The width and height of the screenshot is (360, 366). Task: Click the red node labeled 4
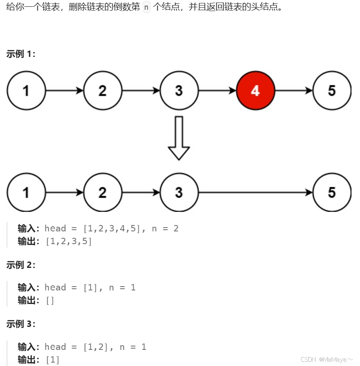(x=255, y=90)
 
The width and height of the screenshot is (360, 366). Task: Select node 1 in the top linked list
(x=26, y=90)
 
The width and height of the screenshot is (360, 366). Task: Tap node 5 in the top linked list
(x=332, y=90)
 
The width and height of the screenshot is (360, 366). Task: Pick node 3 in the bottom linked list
(x=179, y=192)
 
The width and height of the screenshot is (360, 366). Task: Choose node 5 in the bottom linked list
(x=332, y=192)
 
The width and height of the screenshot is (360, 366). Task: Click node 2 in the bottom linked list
(x=102, y=192)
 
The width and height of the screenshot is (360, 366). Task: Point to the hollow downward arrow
(x=179, y=138)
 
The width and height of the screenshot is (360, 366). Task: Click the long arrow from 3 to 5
(x=255, y=192)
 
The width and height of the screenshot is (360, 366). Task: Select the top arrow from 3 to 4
(x=217, y=90)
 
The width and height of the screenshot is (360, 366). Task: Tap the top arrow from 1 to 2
(x=64, y=90)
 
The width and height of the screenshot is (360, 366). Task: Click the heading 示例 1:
(x=21, y=54)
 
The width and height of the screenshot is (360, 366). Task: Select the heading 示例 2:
(x=21, y=265)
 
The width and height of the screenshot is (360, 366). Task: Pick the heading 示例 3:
(x=21, y=324)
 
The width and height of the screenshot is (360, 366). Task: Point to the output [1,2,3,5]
(x=68, y=242)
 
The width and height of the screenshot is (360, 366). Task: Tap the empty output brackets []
(x=50, y=301)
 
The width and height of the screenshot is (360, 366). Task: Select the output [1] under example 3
(x=52, y=360)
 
